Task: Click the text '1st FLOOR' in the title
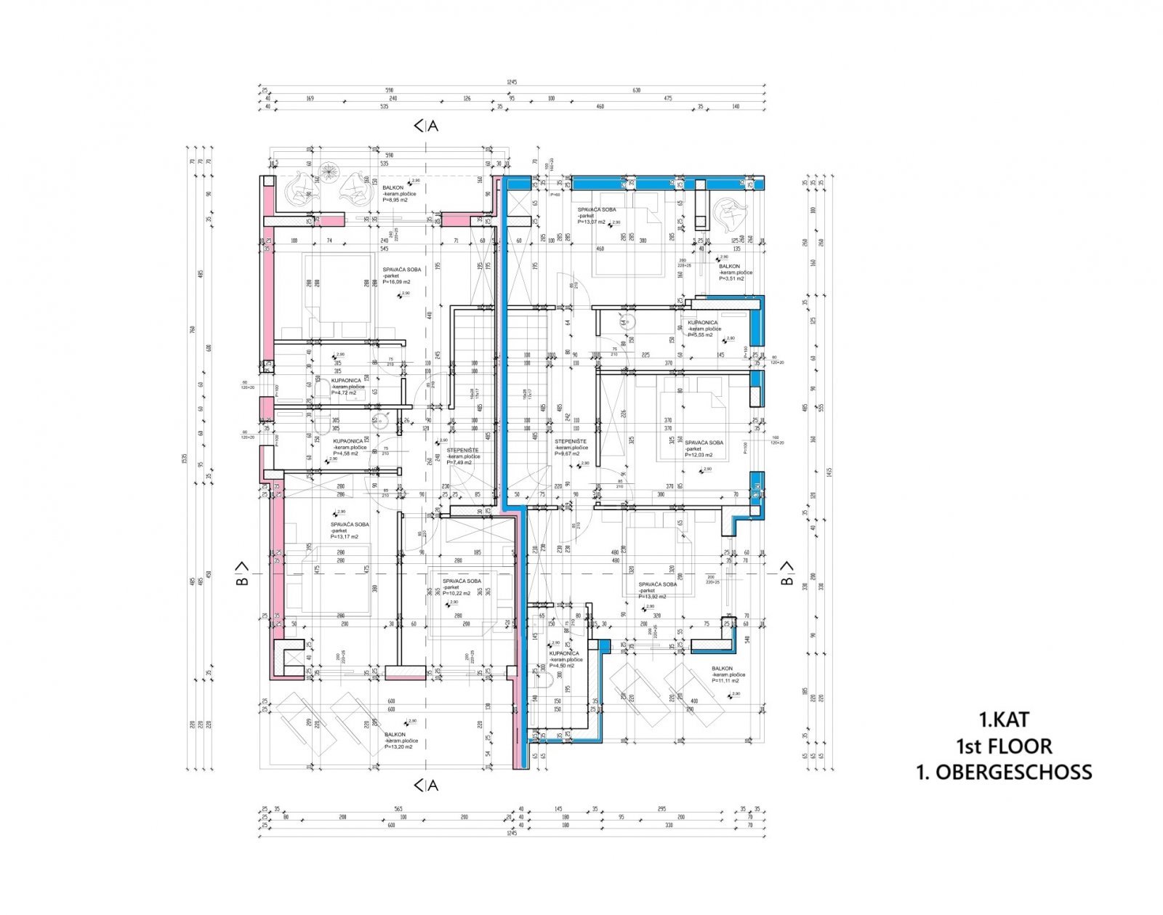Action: click(1004, 746)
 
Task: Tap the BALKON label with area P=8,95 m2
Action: click(393, 188)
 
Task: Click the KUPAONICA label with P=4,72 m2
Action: click(346, 381)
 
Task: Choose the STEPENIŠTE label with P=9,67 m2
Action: click(571, 442)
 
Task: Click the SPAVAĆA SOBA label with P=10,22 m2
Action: click(462, 581)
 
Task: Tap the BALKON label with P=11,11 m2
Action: click(723, 669)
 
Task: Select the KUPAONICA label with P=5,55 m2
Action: click(702, 323)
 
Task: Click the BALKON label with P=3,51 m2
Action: click(729, 267)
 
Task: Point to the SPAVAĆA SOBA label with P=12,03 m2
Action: click(704, 443)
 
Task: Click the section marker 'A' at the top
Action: click(433, 126)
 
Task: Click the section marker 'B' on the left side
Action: click(244, 580)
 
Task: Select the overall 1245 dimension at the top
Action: click(512, 83)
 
